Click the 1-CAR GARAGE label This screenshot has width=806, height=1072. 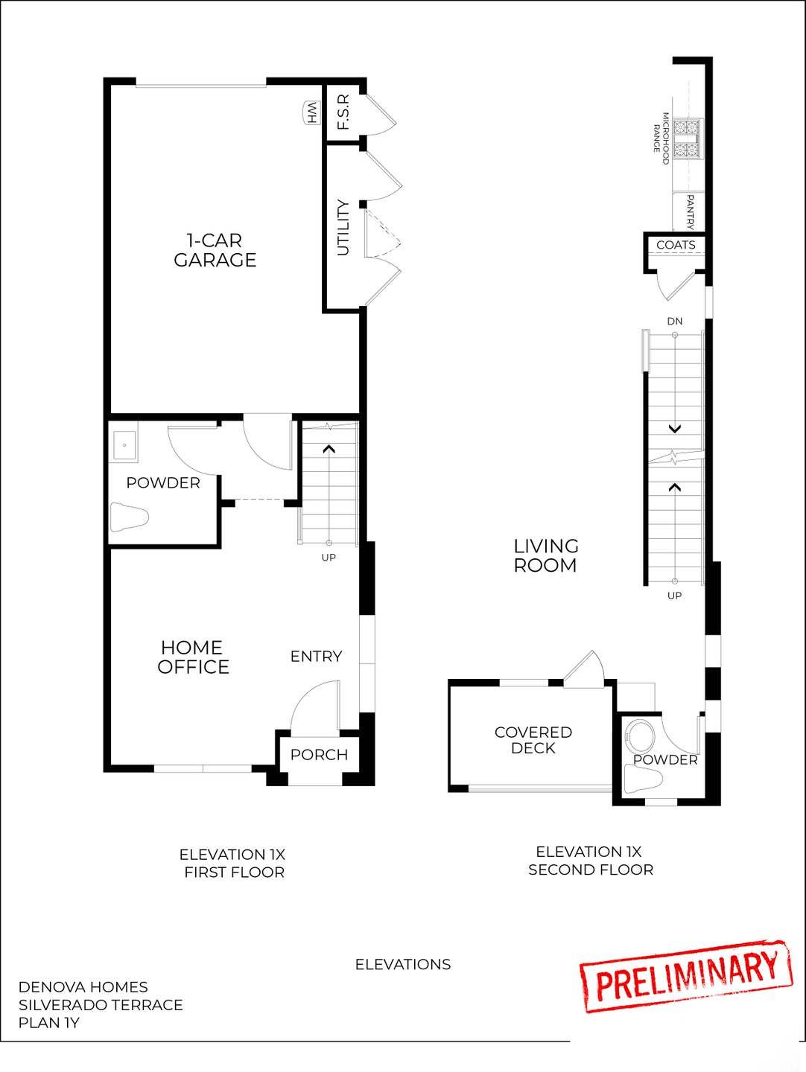pos(215,250)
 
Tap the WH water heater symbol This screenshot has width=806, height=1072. pos(311,113)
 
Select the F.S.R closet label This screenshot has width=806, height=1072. pos(343,112)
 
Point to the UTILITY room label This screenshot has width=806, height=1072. pos(343,228)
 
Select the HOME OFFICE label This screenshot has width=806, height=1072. pos(193,657)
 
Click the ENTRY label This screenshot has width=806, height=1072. pos(316,656)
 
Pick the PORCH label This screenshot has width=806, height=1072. pos(319,755)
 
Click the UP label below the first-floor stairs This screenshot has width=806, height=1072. pos(329,558)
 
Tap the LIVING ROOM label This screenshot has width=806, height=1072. pos(545,556)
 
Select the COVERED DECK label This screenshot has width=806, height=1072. pos(533,740)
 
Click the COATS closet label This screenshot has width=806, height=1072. pos(676,245)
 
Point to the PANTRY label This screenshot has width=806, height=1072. pos(691,212)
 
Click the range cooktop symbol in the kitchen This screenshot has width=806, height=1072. pos(687,140)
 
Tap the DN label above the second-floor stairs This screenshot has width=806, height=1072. pos(674,322)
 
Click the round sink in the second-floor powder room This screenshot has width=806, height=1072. pos(639,736)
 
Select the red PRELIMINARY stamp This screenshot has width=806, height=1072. pos(685,975)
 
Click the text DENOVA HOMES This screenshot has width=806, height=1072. pos(83,987)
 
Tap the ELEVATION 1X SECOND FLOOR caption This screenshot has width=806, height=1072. pos(590,861)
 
